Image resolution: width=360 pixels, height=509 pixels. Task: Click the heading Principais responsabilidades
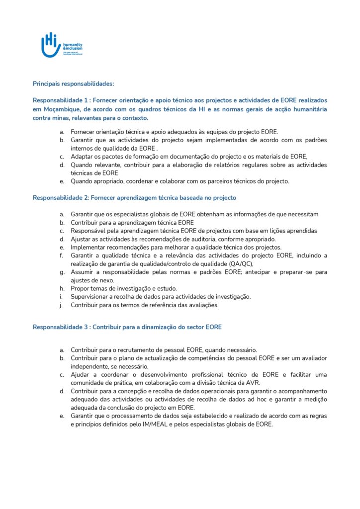coord(73,84)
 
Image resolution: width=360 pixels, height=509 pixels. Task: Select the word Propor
coord(80,289)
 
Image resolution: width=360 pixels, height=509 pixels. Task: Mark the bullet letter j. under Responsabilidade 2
coord(62,305)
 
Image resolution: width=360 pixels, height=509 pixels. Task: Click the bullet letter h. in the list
coord(62,289)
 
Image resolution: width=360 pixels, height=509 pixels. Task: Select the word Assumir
coord(83,272)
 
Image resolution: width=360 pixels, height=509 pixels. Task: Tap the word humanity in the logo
coord(73,44)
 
